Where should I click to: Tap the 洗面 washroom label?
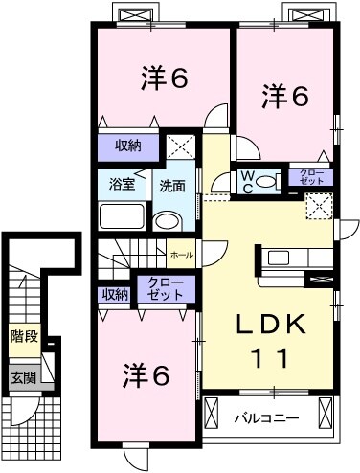click(x=172, y=185)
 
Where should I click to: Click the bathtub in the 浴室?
click(x=122, y=214)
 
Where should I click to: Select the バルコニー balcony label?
click(x=265, y=417)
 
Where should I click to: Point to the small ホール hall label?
click(x=181, y=256)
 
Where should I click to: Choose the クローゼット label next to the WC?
click(x=312, y=176)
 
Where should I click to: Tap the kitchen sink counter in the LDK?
click(x=284, y=259)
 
